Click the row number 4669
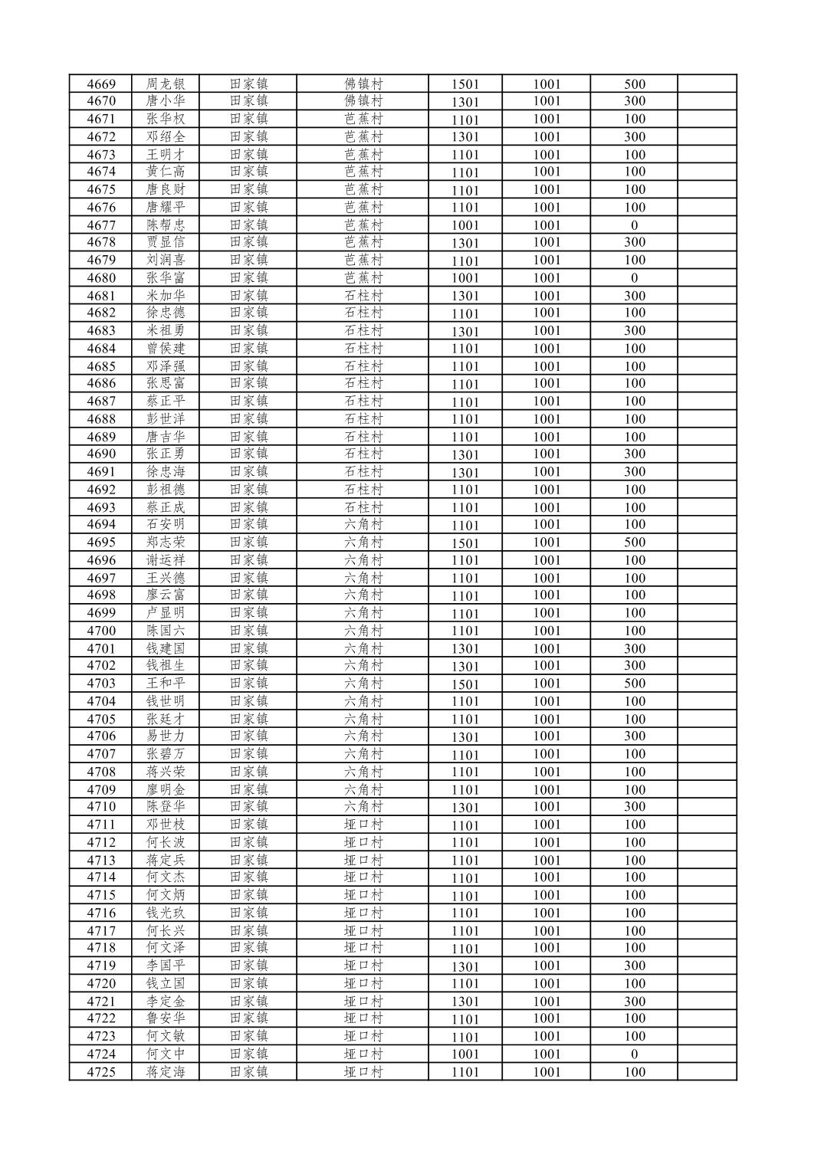click(x=101, y=84)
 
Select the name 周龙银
click(x=166, y=84)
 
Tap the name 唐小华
click(x=166, y=101)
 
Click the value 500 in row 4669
click(x=634, y=84)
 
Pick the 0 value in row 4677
click(x=634, y=225)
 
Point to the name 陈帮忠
click(x=166, y=225)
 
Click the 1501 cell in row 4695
click(x=465, y=543)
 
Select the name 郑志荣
click(x=166, y=543)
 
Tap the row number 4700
click(x=101, y=631)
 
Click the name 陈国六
click(x=166, y=631)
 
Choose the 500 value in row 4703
click(x=634, y=684)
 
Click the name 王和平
click(x=166, y=684)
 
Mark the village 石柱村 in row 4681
click(x=363, y=296)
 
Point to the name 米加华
click(x=166, y=296)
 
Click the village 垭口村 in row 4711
click(x=363, y=825)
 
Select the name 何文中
click(x=166, y=1054)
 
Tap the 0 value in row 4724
click(x=634, y=1054)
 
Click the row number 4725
click(x=101, y=1072)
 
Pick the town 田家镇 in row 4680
click(x=249, y=278)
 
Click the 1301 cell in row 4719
click(x=465, y=966)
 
